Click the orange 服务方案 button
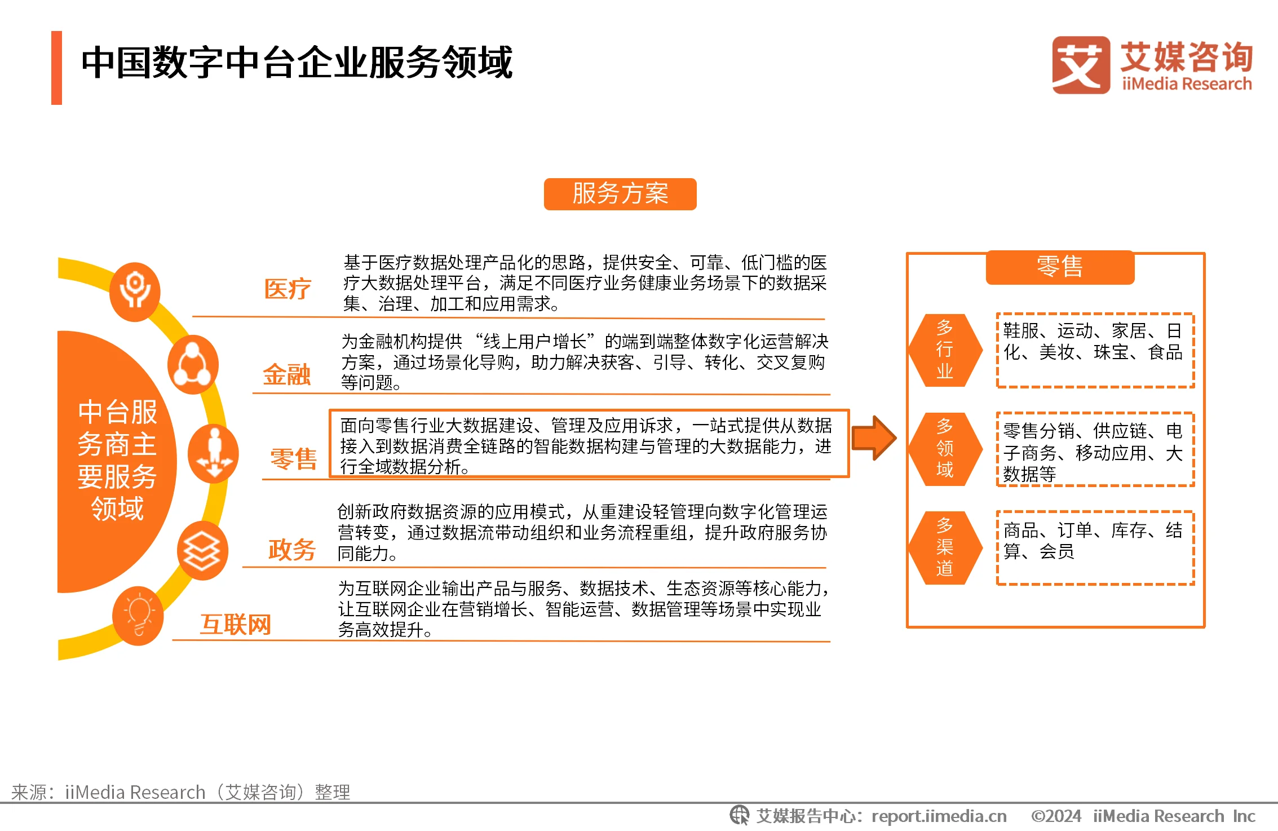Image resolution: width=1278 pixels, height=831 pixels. (620, 194)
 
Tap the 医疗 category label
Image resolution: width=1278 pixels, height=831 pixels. (288, 289)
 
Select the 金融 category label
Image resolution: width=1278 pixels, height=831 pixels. (287, 374)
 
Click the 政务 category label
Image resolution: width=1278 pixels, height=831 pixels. (291, 550)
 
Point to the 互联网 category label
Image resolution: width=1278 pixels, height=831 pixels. (236, 625)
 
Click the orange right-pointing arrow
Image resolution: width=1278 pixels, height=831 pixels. (874, 438)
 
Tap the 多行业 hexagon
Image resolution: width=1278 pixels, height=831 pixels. (945, 350)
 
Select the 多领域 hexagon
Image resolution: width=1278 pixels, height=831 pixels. (945, 449)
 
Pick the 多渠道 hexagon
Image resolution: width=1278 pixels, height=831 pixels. (945, 547)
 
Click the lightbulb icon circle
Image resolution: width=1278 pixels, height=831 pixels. (138, 616)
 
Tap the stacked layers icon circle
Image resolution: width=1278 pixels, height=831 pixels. (202, 551)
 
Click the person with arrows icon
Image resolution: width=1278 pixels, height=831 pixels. (213, 454)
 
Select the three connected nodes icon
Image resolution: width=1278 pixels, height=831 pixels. (193, 365)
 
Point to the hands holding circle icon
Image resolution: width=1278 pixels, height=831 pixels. (135, 291)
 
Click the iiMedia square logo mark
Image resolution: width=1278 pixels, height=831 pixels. (1081, 65)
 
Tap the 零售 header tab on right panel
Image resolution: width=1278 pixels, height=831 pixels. (1060, 267)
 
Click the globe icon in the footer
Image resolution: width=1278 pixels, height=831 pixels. (739, 815)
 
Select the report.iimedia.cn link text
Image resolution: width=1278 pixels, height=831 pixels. (939, 816)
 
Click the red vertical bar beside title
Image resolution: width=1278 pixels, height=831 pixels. (56, 68)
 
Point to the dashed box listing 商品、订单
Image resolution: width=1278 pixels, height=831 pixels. (1095, 548)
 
